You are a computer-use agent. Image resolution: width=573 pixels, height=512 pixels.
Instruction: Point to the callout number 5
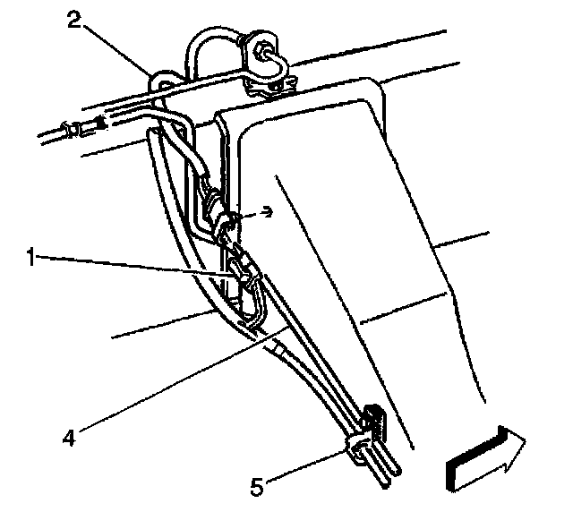tap(257, 487)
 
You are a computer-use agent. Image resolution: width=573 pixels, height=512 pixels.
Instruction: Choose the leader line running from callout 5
tap(304, 467)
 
